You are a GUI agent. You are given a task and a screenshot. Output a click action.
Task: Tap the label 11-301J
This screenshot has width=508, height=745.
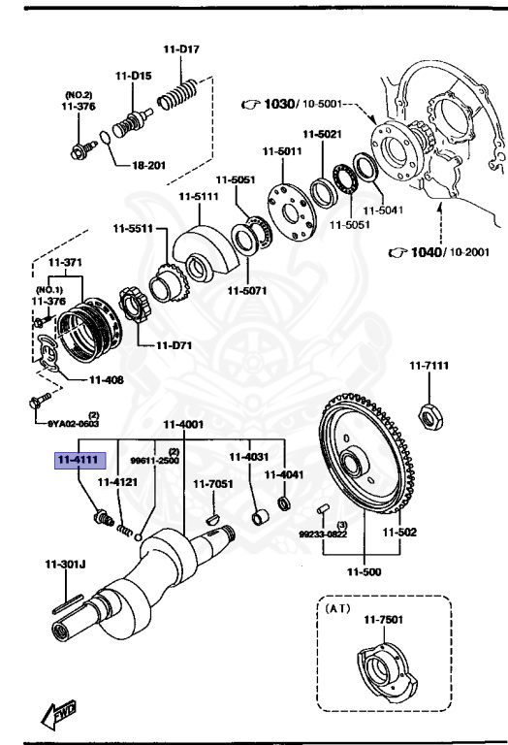point(65,564)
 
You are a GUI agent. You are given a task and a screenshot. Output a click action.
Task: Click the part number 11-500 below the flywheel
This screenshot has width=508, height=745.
point(369,572)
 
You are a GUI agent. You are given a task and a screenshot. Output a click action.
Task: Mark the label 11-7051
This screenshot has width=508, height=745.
point(210,483)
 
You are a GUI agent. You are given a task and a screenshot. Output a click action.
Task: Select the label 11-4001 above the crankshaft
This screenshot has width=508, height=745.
point(182,424)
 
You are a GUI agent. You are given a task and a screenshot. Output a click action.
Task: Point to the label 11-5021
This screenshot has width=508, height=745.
point(322,135)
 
